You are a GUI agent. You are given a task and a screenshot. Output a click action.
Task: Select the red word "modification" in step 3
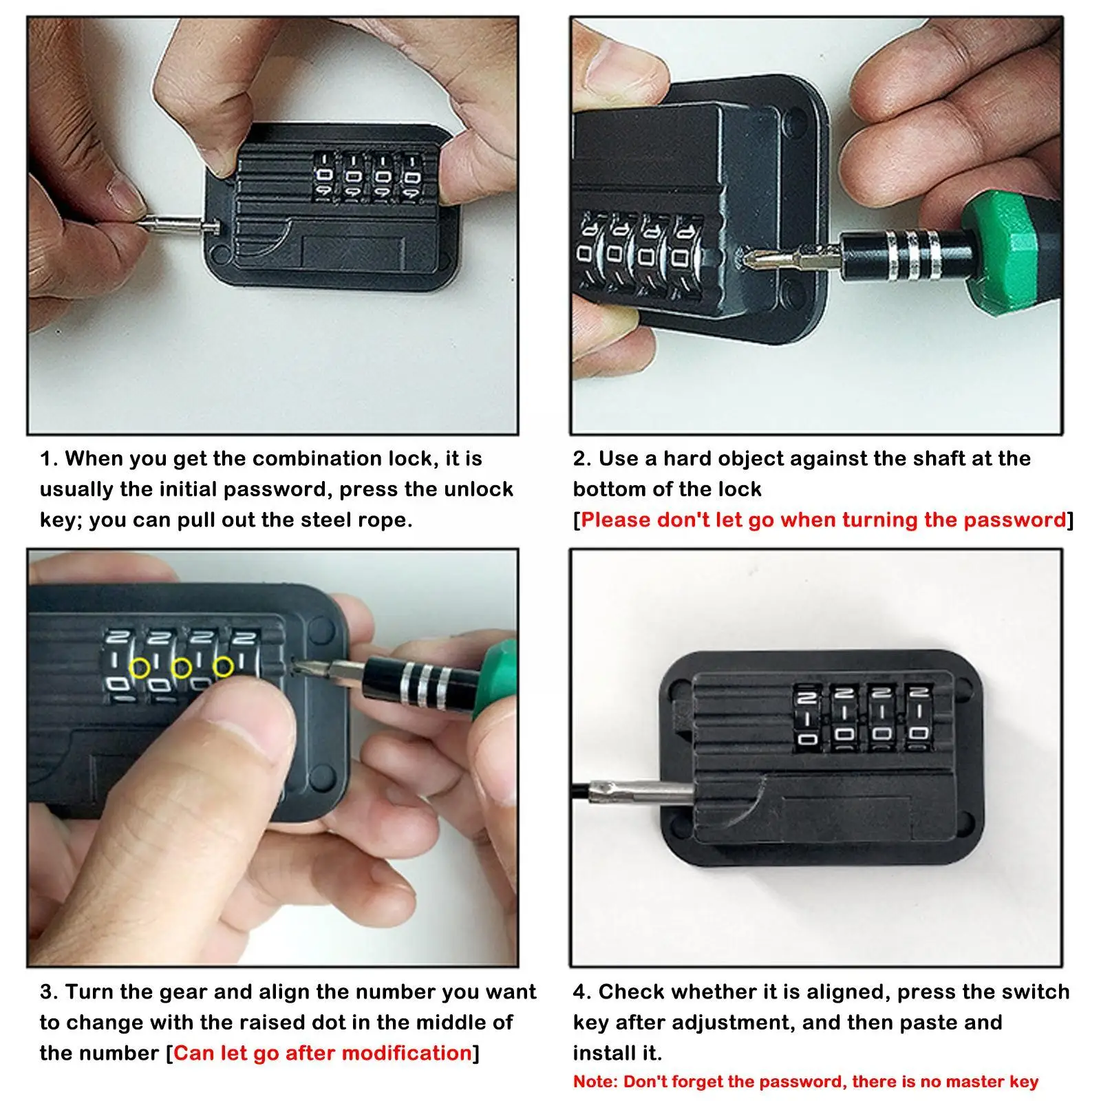pos(407,1053)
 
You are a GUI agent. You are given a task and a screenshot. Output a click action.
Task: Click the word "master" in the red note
pos(976,1082)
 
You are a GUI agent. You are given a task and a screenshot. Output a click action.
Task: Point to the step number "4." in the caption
pos(582,992)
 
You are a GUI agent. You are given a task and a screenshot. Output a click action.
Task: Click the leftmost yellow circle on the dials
pos(140,667)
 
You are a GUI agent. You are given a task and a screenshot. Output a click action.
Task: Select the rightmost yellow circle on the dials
pos(223,665)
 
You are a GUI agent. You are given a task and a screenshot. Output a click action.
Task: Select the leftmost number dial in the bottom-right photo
pos(806,718)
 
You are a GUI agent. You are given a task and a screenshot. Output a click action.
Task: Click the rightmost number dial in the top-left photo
pos(412,178)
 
